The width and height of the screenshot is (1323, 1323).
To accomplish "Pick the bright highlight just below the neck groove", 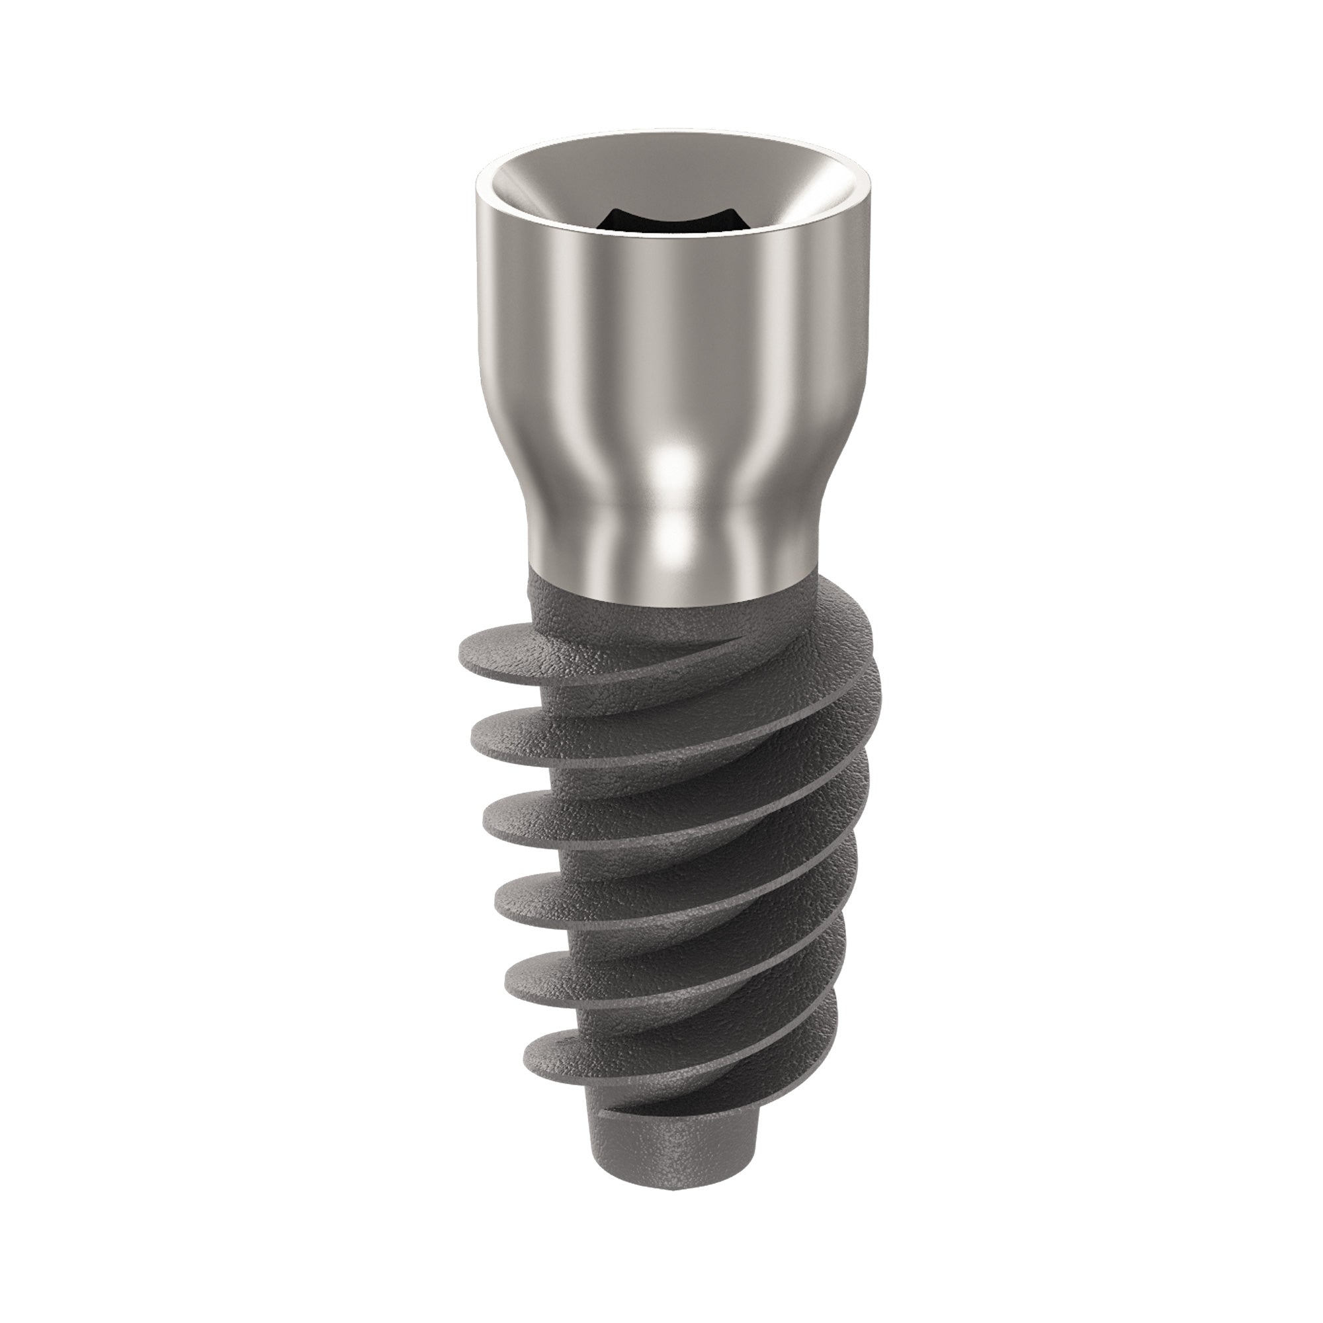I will pos(675,541).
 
